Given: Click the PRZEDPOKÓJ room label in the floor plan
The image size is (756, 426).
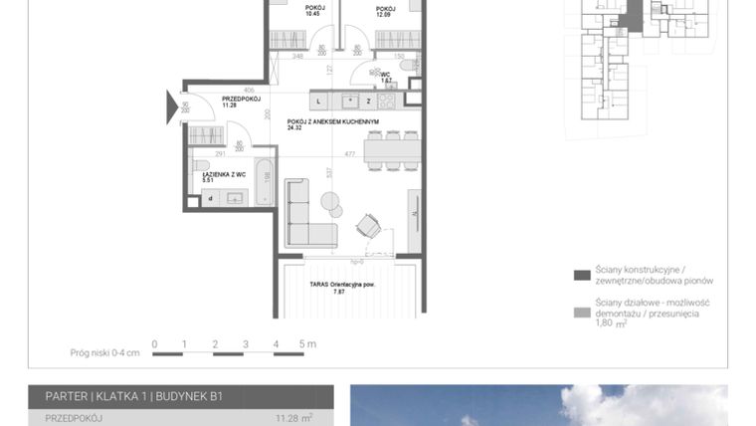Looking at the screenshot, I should click(241, 99).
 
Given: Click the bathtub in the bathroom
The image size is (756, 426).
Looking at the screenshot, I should click(265, 182).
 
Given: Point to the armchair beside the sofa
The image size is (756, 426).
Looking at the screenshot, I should click(370, 226).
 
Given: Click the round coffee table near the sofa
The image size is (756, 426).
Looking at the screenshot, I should click(330, 202).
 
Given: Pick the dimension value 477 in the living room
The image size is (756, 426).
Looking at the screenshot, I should click(350, 154).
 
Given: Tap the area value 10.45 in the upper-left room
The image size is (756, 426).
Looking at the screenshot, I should click(312, 14).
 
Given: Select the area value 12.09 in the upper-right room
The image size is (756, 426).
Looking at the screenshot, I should click(384, 14).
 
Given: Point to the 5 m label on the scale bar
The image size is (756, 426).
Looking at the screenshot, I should click(307, 344).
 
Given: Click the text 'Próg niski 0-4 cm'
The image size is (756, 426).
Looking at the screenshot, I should click(104, 351).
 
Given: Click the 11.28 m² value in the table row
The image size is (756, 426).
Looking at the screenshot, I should click(293, 419).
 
